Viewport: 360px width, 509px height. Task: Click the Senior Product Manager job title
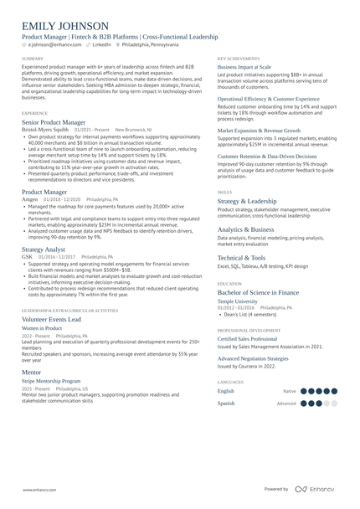[59, 122]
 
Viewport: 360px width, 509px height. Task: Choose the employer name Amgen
[30, 200]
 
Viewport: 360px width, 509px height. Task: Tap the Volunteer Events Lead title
[52, 319]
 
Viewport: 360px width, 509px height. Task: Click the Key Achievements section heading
[239, 58]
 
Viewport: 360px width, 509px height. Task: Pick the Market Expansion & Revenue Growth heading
[260, 131]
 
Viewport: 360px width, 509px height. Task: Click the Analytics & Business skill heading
[245, 229]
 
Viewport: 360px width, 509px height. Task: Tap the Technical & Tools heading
[242, 258]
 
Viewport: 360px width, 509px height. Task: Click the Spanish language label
[226, 403]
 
